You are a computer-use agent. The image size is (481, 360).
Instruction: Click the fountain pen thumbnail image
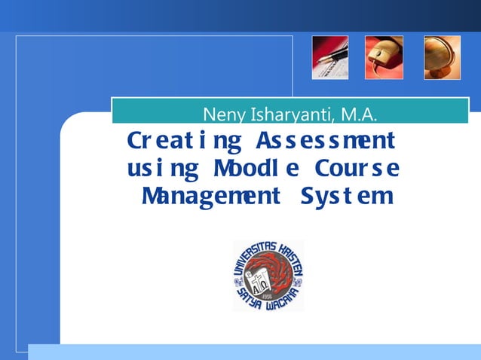[330, 57]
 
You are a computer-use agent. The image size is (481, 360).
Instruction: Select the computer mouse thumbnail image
[384, 57]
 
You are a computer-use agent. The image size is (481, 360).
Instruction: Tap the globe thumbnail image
[442, 57]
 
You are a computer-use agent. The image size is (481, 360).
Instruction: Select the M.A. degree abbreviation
[359, 115]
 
